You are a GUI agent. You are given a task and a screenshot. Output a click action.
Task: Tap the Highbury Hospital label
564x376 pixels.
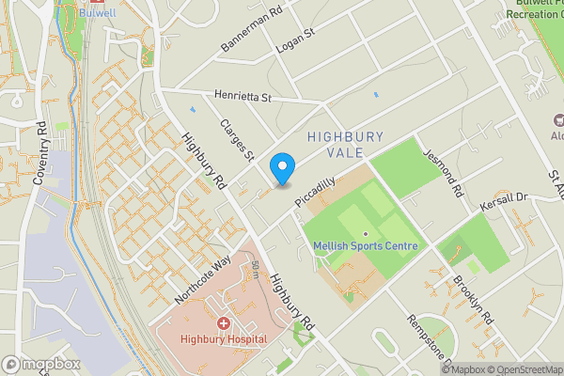[x=225, y=338]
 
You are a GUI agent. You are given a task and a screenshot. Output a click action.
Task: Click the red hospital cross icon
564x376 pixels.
[x=224, y=323]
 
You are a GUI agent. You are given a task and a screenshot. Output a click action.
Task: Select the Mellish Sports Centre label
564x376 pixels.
[x=366, y=246]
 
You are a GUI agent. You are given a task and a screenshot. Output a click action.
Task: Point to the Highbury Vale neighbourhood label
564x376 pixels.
[x=345, y=145]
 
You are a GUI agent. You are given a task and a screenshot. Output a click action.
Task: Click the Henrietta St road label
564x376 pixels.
[x=242, y=97]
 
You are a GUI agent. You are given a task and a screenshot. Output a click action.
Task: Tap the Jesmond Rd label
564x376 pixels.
[x=444, y=174]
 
